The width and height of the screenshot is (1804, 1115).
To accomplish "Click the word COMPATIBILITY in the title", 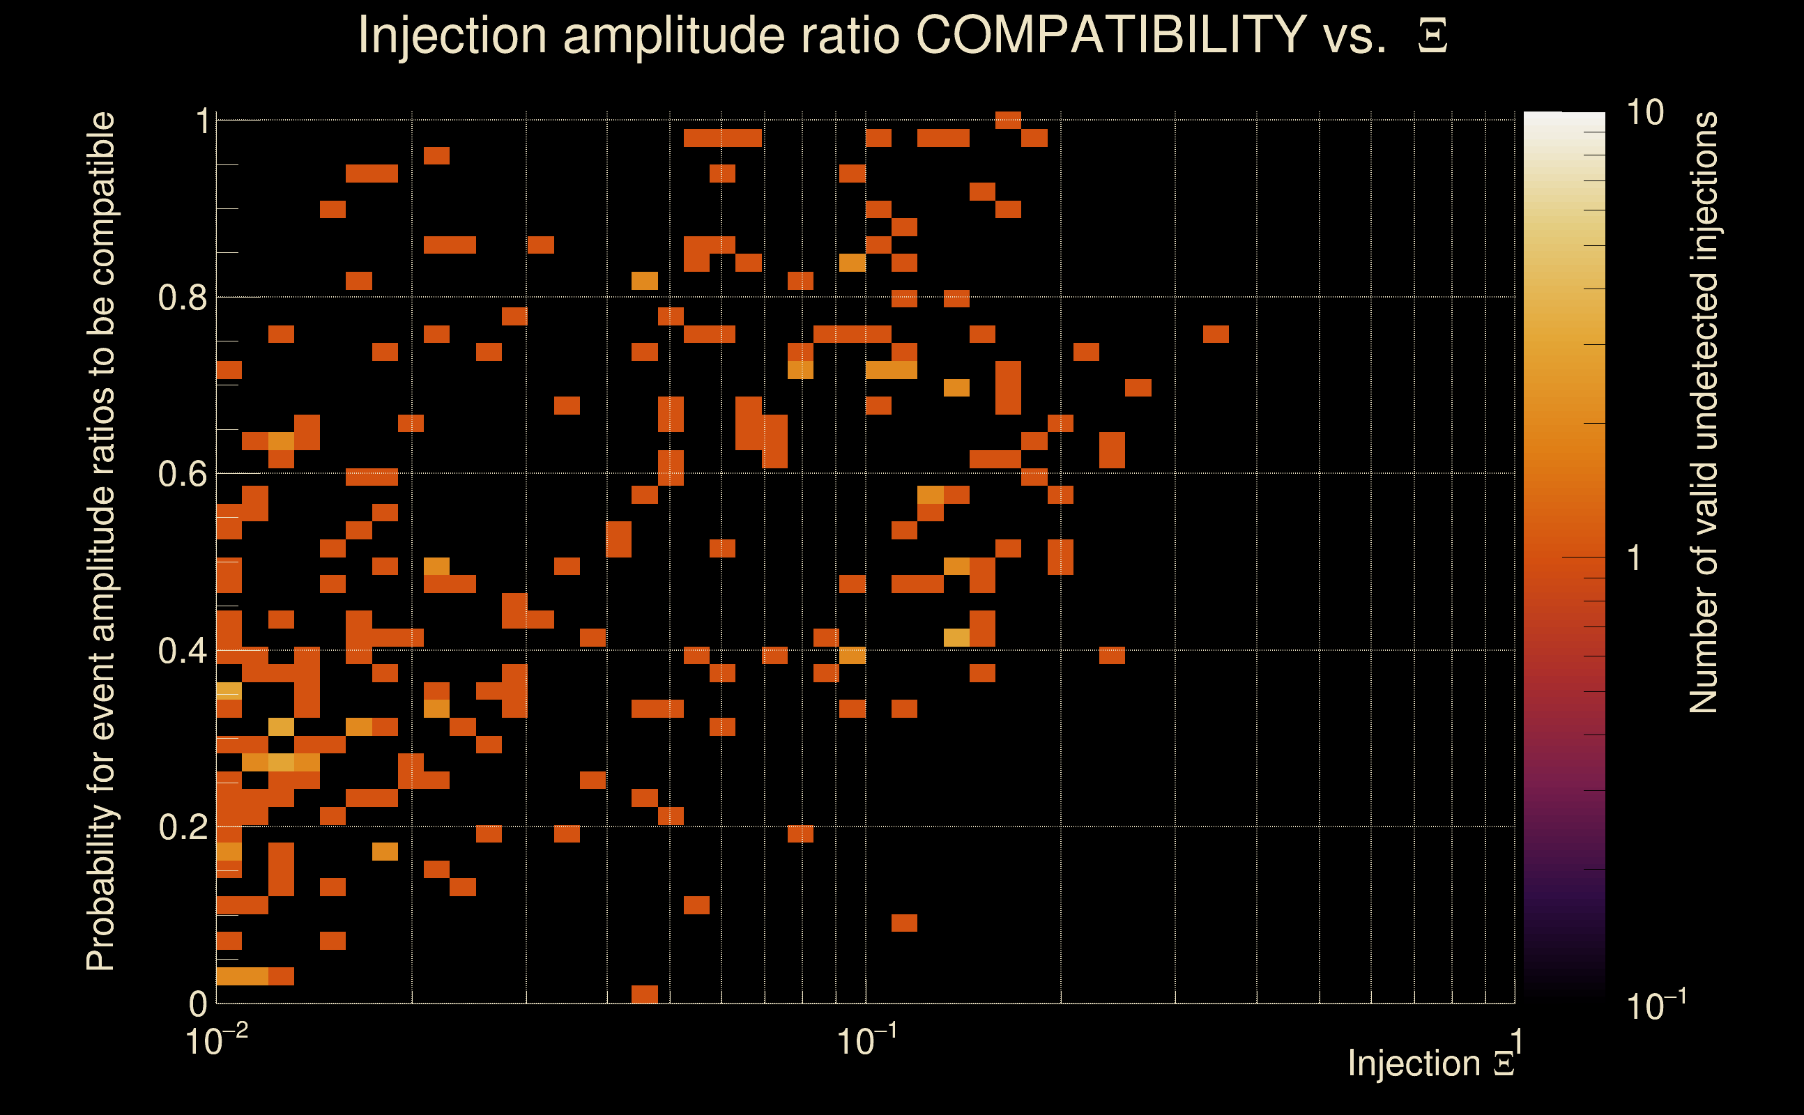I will tap(1110, 35).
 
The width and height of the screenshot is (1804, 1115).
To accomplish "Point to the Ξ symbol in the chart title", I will tap(1432, 36).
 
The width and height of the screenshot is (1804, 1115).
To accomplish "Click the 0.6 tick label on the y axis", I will tap(182, 473).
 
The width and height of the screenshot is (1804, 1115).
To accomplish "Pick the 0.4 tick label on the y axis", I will tap(182, 650).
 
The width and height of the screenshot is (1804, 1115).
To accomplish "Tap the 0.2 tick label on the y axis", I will tap(182, 826).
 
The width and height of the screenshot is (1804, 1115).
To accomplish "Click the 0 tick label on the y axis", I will tap(199, 1003).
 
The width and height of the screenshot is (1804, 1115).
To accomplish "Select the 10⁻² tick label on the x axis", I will tap(216, 1040).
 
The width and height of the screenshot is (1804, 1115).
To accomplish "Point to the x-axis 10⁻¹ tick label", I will tap(866, 1040).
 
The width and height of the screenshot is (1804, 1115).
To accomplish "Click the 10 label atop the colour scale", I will tap(1644, 113).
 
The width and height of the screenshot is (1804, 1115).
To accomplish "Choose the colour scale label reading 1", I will tap(1635, 558).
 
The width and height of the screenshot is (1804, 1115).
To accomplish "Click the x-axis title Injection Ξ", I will tap(1430, 1063).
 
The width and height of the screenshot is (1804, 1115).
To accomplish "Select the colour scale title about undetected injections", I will tap(1703, 413).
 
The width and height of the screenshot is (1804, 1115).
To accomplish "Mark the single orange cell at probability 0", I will tap(645, 994).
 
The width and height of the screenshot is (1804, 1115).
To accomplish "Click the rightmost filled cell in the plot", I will tap(1216, 334).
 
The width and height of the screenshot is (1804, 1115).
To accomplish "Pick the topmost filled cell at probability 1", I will tap(1007, 120).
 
